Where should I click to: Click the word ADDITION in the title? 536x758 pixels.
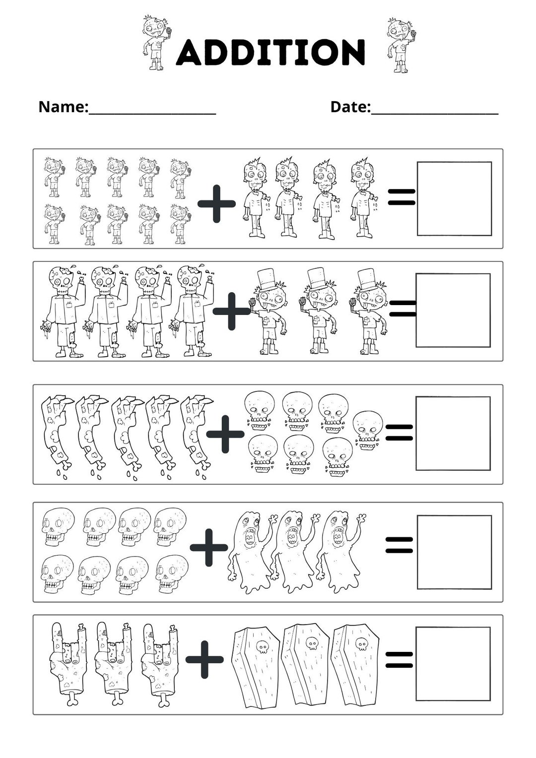click(271, 52)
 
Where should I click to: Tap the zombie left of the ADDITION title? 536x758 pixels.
click(156, 43)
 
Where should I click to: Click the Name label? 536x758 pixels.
click(63, 107)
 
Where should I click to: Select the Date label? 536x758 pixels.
click(350, 107)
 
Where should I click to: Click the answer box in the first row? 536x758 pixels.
click(454, 198)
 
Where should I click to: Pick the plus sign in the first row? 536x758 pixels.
click(216, 203)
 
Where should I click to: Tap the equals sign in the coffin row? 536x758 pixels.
click(400, 659)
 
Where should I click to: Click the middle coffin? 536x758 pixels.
click(305, 665)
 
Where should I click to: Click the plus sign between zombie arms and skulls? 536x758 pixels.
click(225, 434)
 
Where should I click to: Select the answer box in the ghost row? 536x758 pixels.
click(454, 552)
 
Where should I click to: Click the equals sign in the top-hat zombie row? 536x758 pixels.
click(402, 308)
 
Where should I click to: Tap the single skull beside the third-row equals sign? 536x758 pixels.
click(367, 430)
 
